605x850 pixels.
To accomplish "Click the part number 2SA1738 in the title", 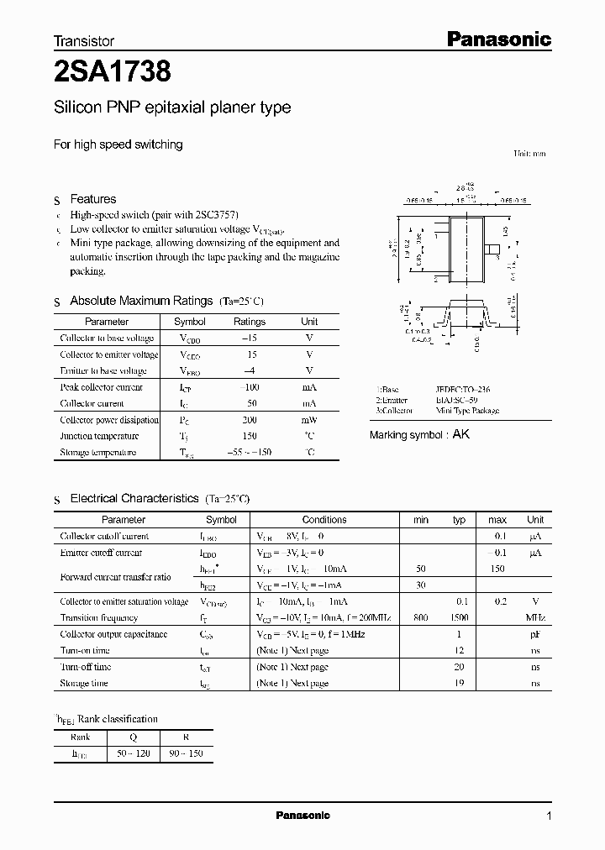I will coord(113,73).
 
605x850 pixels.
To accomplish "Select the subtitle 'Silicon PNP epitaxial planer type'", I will coord(172,108).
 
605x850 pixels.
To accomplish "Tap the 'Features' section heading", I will coord(92,199).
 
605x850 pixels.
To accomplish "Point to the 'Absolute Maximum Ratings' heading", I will coord(141,301).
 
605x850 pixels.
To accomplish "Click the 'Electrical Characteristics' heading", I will coord(134,498).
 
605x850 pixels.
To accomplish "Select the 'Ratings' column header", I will coord(250,322).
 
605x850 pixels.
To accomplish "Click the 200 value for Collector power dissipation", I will coord(250,420).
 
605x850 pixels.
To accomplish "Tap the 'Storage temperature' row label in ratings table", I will coord(97,453).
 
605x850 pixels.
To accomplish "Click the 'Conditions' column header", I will coord(324,520).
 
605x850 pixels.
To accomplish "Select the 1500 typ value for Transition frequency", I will coord(459,617).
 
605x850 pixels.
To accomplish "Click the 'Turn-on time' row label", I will coord(85,650).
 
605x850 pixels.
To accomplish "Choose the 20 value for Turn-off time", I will coord(459,667).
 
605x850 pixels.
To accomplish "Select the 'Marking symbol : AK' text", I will coord(419,434).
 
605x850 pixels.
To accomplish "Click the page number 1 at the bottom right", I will coord(549,816).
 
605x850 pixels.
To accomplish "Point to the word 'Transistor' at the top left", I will coord(84,40).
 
